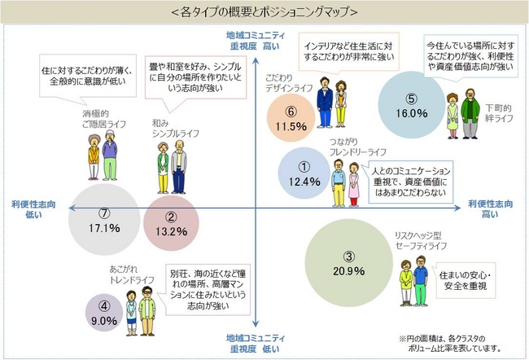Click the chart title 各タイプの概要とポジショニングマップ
[x=264, y=11]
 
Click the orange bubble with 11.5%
[x=290, y=119]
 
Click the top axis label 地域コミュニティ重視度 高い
[x=256, y=42]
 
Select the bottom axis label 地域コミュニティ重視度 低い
[x=257, y=342]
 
